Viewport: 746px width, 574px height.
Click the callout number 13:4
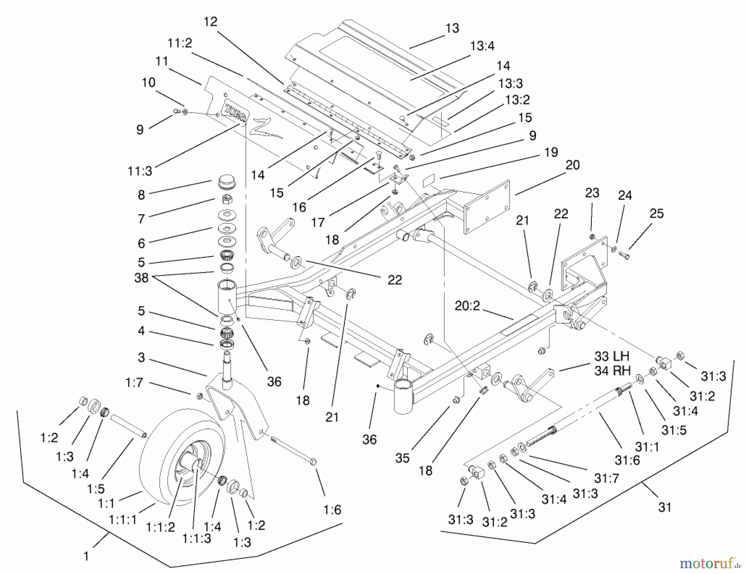tap(482, 46)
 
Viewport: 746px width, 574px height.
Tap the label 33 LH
tap(612, 356)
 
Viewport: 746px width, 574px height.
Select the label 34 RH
tap(612, 371)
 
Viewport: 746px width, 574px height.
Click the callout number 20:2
tap(467, 306)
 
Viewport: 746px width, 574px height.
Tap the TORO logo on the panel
tap(235, 113)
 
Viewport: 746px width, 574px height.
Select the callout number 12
tap(211, 22)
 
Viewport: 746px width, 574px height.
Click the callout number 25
tap(656, 213)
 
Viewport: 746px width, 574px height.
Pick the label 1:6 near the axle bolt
tap(332, 509)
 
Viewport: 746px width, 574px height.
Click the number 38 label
tap(141, 278)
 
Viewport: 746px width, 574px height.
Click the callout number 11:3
tap(140, 171)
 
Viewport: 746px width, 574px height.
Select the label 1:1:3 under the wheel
tap(196, 538)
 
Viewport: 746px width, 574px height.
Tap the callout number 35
tap(402, 458)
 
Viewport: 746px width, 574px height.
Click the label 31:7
tap(606, 478)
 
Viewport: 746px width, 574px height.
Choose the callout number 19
tap(551, 152)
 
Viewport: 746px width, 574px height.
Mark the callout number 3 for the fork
tap(141, 357)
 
